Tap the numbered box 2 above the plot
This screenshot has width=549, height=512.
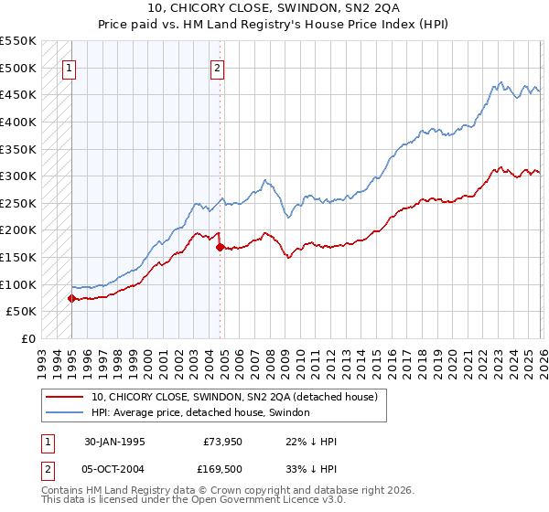[x=218, y=67]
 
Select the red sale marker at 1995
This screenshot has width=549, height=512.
[x=71, y=298]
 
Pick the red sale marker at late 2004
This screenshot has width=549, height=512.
[x=220, y=247]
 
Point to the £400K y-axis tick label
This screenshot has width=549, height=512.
[x=18, y=122]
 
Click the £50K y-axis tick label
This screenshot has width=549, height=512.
[x=22, y=312]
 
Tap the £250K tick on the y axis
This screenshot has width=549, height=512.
[x=18, y=203]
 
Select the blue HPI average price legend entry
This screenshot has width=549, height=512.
[x=200, y=412]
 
